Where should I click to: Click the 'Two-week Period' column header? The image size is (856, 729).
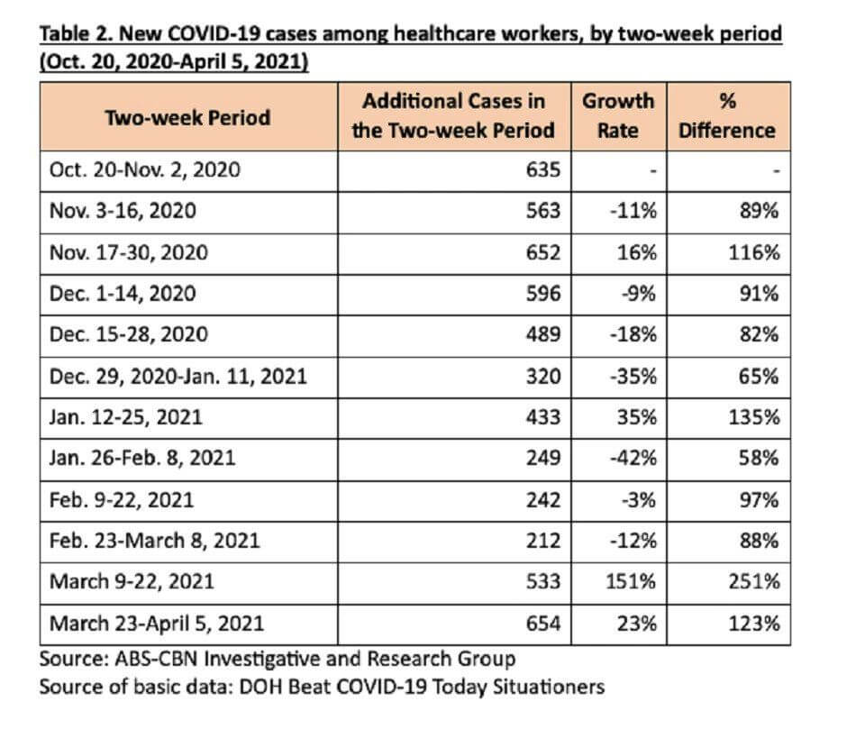[x=187, y=117]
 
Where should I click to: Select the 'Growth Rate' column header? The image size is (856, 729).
[x=618, y=115]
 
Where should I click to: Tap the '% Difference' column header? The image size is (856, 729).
[x=727, y=115]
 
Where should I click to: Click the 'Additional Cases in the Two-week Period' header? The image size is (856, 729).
[x=453, y=115]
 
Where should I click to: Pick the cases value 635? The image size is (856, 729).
[x=543, y=169]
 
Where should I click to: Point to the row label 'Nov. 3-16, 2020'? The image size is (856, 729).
[x=123, y=211]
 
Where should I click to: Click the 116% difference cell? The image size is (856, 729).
[x=754, y=253]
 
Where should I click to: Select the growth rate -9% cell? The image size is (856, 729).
[x=638, y=294]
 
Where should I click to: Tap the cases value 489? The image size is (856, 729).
[x=543, y=334]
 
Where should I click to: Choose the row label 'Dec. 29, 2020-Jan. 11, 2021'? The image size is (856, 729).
[x=178, y=377]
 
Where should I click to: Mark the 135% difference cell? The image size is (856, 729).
[x=754, y=417]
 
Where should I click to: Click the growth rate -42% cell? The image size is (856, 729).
[x=633, y=458]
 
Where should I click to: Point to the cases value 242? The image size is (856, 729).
[x=543, y=499]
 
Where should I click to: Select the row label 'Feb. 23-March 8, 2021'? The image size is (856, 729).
[x=154, y=541]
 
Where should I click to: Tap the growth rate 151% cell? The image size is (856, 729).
[x=631, y=581]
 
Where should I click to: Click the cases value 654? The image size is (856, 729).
[x=543, y=623]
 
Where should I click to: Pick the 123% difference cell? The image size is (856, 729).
[x=754, y=623]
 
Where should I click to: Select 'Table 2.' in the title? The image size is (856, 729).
[x=76, y=34]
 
